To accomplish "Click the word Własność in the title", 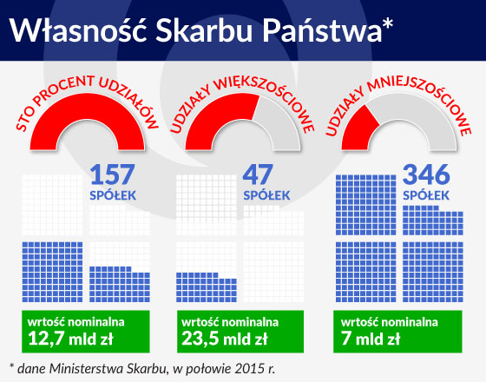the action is pos(78,30).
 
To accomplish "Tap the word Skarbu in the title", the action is pos(204,31).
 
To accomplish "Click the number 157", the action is pos(113,175).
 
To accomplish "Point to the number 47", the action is pos(258,175).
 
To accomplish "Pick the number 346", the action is pos(426,175).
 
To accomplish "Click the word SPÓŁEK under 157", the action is pos(113,195).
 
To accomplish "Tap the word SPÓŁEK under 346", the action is pos(426,195).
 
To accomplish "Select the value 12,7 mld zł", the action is pos(70,339).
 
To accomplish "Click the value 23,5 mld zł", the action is pos(225,339).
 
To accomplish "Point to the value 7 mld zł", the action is pos(371,339).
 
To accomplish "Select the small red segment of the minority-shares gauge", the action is pos(359,130).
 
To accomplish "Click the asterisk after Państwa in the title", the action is pos(388,24).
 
